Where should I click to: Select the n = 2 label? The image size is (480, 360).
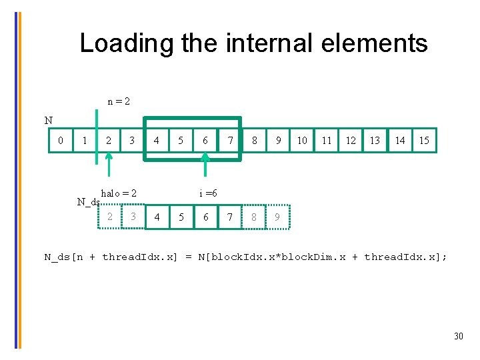(119, 101)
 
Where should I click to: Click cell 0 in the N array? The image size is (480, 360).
(61, 141)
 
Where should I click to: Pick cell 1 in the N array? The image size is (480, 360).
(84, 141)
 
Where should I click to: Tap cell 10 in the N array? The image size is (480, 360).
(302, 141)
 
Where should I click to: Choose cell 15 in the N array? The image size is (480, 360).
(424, 141)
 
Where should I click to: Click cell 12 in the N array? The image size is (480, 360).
(351, 141)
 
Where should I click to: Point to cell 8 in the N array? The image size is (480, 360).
(254, 141)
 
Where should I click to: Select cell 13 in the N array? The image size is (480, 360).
(375, 141)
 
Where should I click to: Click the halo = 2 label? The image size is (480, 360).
(119, 193)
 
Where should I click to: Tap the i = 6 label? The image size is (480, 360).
(208, 193)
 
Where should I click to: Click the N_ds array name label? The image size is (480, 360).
(88, 202)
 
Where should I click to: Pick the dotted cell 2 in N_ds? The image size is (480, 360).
(110, 217)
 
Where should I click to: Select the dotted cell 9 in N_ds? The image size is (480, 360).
(278, 217)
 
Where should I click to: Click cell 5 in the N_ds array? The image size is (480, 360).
(181, 217)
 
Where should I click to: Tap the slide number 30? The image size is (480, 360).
(458, 336)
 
